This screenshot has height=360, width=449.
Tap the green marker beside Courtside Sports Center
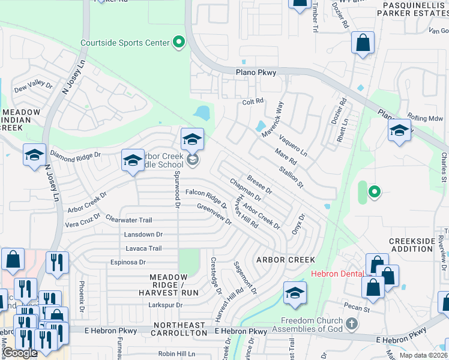pyautogui.click(x=178, y=43)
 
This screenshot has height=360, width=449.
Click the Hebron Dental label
pyautogui.click(x=337, y=274)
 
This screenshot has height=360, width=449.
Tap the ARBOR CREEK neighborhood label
pyautogui.click(x=286, y=260)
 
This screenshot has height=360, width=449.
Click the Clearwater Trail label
pyautogui.click(x=129, y=220)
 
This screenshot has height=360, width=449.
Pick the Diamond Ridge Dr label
pyautogui.click(x=76, y=154)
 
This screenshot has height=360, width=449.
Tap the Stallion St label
pyautogui.click(x=292, y=178)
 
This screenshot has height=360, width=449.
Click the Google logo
pyautogui.click(x=20, y=353)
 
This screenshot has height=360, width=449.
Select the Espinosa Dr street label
pyautogui.click(x=128, y=262)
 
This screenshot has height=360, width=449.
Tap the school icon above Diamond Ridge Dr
pyautogui.click(x=35, y=155)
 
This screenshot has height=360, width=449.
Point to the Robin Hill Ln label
pyautogui.click(x=177, y=354)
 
